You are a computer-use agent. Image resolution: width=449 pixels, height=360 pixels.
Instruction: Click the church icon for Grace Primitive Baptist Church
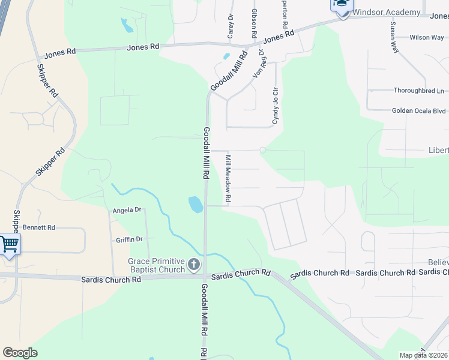pos(194,264)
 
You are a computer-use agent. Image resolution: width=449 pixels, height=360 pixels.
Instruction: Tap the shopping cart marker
pos(9,245)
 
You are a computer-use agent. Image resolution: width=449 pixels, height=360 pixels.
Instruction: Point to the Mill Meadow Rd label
pos(228,179)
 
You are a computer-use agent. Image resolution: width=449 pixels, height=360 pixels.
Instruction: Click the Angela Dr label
pos(127,210)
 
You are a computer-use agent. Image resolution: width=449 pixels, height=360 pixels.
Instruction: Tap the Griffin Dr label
pos(130,239)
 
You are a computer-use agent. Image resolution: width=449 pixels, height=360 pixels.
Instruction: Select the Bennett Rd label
pos(39,227)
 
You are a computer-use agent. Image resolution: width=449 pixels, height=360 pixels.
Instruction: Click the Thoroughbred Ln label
pos(418,91)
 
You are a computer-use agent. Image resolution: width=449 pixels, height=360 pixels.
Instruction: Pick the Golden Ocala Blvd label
pos(418,110)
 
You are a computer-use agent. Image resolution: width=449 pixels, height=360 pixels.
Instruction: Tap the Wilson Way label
pos(427,37)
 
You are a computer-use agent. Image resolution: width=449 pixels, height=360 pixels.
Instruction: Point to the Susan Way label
pos(394,38)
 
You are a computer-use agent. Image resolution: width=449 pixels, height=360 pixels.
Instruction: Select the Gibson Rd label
pos(255,20)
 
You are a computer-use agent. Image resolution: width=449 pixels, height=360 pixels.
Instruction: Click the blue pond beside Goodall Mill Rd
pos(196,205)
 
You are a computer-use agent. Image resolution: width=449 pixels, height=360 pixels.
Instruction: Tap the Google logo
pos(20,353)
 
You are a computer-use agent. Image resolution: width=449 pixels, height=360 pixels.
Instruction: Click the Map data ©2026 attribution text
pos(423,355)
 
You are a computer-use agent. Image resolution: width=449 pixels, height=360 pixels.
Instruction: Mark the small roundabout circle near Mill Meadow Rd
pos(262,150)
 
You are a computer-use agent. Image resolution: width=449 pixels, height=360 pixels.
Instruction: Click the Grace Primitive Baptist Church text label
pos(157,265)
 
